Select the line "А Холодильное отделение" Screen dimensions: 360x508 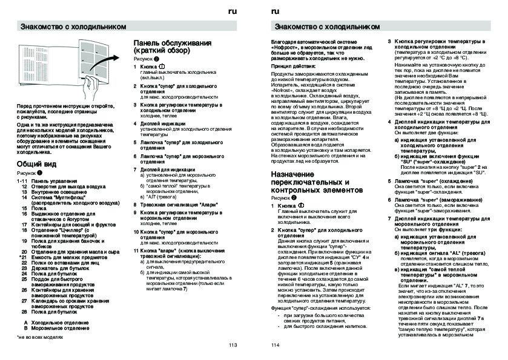click(56, 322)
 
